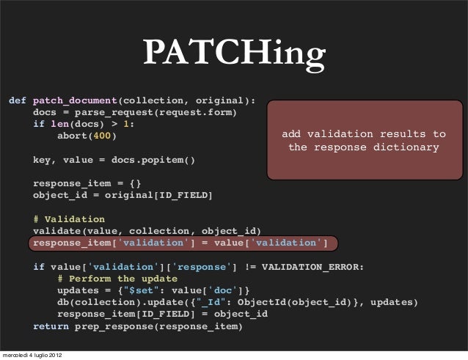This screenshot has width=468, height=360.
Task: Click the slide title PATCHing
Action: pos(234,54)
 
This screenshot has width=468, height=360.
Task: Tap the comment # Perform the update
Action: pos(117,279)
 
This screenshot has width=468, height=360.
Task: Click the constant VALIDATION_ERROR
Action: pos(311,266)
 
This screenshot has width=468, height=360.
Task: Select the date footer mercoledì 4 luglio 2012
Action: pos(32,356)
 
